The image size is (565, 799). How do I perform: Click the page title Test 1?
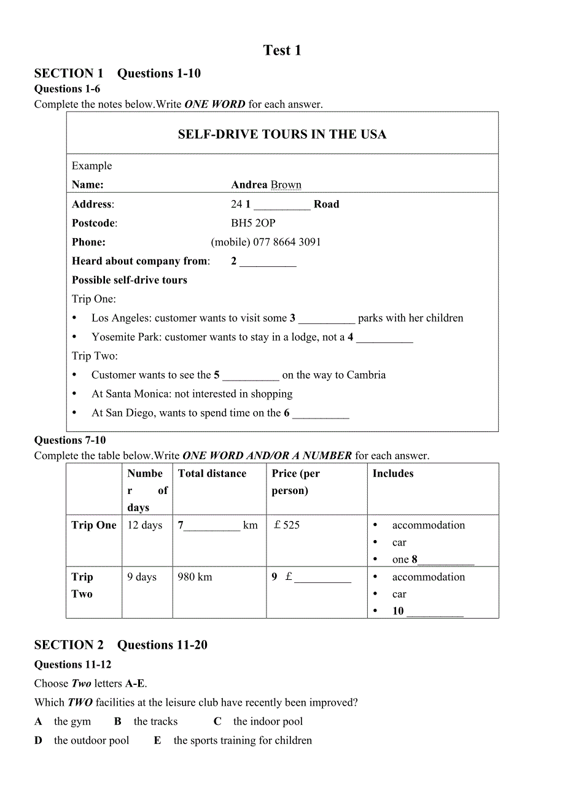click(x=282, y=50)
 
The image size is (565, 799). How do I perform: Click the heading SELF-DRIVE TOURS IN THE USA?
click(x=282, y=134)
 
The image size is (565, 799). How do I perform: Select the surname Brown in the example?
click(x=286, y=185)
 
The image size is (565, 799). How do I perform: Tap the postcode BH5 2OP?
click(x=253, y=223)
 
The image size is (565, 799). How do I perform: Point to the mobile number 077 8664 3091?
click(x=287, y=242)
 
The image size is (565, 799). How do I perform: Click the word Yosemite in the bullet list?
click(x=112, y=337)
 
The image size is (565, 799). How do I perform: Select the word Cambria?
click(x=366, y=375)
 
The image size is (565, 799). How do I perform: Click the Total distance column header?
click(x=212, y=473)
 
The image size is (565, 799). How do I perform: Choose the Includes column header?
click(x=393, y=473)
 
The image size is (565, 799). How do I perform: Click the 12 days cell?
click(x=145, y=525)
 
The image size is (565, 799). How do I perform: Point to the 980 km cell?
click(x=195, y=577)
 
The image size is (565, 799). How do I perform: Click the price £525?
click(x=287, y=525)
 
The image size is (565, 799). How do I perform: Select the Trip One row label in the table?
click(x=94, y=525)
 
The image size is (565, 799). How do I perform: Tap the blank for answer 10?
click(x=435, y=612)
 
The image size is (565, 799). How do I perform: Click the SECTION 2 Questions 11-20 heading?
click(x=121, y=645)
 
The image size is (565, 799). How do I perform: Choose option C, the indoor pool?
click(x=268, y=722)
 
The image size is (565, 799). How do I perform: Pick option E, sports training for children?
click(x=243, y=741)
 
